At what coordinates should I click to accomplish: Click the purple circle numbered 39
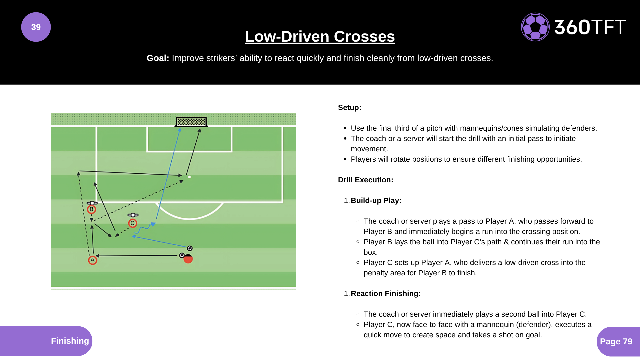(x=36, y=27)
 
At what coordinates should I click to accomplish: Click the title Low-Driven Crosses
(x=320, y=36)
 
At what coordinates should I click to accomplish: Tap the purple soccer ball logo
(x=535, y=27)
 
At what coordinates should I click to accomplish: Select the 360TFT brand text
(x=590, y=27)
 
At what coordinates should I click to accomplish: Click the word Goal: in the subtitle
(x=158, y=58)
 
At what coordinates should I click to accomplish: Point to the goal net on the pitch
(x=191, y=122)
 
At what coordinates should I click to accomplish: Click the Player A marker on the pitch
(x=93, y=260)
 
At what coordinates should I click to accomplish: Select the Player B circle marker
(x=91, y=209)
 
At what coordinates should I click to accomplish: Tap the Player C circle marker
(x=133, y=223)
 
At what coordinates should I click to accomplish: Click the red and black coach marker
(x=188, y=259)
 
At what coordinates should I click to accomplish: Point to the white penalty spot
(x=189, y=177)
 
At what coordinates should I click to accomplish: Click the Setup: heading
(x=349, y=107)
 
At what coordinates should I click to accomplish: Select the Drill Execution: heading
(x=365, y=180)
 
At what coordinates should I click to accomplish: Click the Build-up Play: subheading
(x=376, y=200)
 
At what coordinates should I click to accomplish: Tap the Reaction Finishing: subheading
(x=385, y=293)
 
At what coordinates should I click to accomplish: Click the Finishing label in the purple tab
(x=70, y=341)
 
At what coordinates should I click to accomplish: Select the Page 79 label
(x=616, y=341)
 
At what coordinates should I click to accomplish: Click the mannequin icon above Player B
(x=92, y=203)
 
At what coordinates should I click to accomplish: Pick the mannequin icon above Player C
(x=133, y=215)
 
